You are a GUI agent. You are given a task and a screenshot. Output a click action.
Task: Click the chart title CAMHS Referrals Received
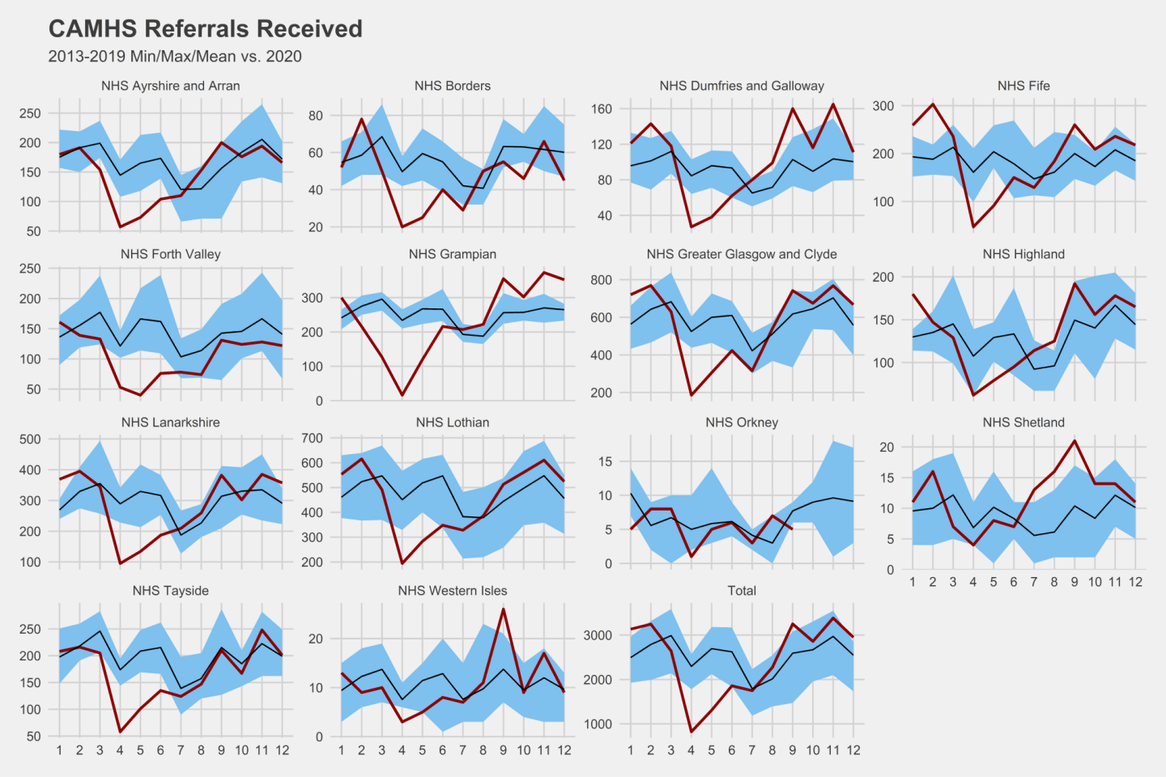click(x=206, y=29)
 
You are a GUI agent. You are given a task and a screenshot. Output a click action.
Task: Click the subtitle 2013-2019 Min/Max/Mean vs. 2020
click(x=175, y=57)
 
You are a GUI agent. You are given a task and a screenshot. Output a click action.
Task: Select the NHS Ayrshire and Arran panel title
click(x=171, y=86)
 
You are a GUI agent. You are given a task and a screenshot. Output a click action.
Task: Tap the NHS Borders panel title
click(x=453, y=86)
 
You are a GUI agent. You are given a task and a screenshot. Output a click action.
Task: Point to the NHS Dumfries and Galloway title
click(x=742, y=86)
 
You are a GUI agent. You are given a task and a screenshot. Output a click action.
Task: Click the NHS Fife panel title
click(x=1023, y=86)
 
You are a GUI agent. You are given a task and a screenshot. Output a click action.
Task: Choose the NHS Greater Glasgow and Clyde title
click(x=742, y=254)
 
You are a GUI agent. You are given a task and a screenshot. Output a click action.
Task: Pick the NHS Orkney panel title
click(x=742, y=422)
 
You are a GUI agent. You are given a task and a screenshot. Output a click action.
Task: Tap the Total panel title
click(x=742, y=591)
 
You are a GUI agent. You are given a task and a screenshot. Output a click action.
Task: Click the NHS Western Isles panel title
click(x=453, y=591)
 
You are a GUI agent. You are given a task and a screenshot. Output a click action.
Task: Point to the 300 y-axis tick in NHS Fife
click(x=883, y=106)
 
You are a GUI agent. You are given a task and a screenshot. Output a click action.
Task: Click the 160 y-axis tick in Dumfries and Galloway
click(x=602, y=108)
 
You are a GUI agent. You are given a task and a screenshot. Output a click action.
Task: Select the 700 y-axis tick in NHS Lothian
click(x=312, y=438)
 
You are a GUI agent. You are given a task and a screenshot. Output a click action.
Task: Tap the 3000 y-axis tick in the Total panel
click(x=598, y=635)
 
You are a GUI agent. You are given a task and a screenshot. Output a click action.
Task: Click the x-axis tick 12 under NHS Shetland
click(x=1135, y=582)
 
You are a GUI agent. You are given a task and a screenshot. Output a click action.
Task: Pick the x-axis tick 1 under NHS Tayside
click(x=59, y=750)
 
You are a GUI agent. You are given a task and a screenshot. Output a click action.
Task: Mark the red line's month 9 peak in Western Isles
click(x=504, y=609)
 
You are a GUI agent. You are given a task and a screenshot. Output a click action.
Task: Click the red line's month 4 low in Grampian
click(x=402, y=395)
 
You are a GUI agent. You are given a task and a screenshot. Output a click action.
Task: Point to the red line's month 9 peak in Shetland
click(x=1075, y=441)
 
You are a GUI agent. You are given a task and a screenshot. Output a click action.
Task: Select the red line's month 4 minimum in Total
click(x=692, y=732)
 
